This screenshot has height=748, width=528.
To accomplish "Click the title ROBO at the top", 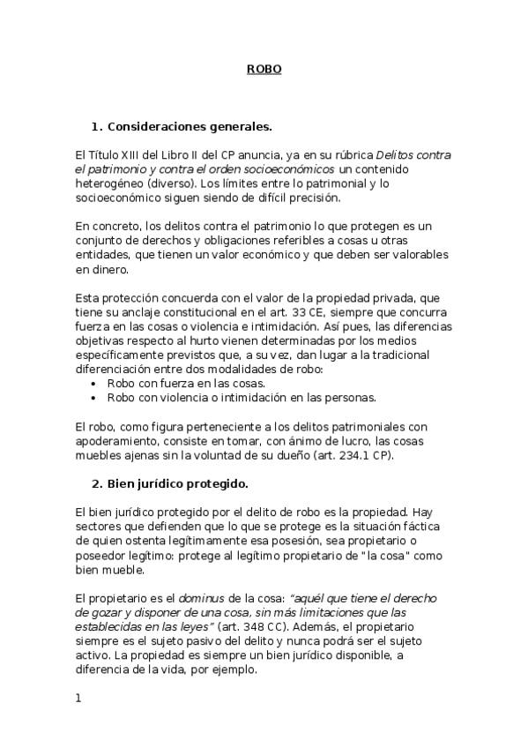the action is tap(264, 69).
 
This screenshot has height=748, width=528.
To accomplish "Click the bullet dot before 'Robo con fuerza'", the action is tap(93, 384).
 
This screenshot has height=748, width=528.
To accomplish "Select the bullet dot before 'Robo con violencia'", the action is tap(93, 398).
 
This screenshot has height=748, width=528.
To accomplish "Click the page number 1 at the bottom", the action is tap(78, 699).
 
